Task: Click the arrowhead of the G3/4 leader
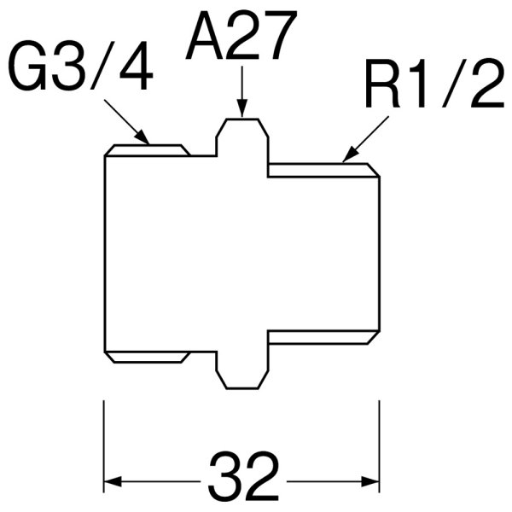click(x=144, y=138)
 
